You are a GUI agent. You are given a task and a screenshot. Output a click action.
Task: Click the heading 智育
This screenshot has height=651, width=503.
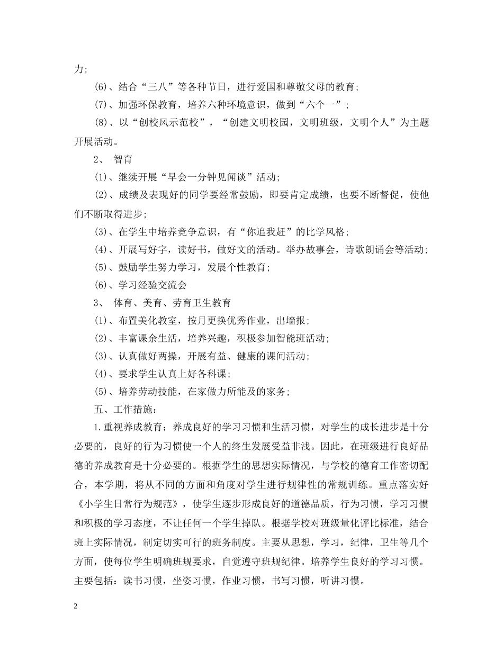pyautogui.click(x=123, y=159)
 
